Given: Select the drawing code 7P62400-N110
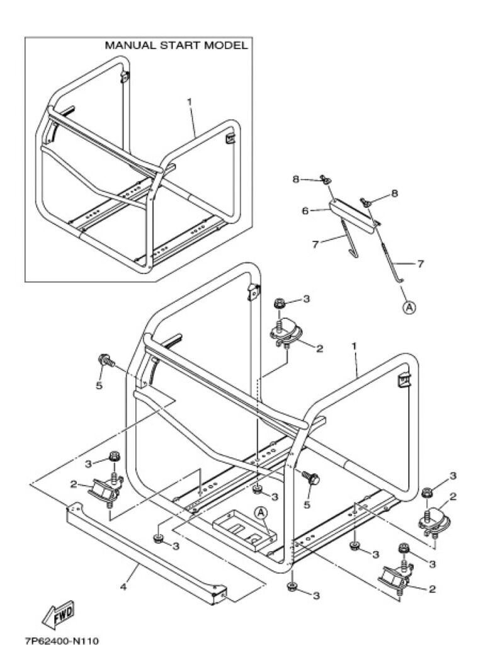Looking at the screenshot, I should pyautogui.click(x=62, y=637).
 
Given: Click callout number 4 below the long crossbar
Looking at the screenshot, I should pyautogui.click(x=124, y=587).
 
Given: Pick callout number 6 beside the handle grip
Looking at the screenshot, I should pyautogui.click(x=305, y=211).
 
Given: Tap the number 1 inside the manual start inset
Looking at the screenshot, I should pyautogui.click(x=190, y=101).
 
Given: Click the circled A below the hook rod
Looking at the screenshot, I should pyautogui.click(x=409, y=307).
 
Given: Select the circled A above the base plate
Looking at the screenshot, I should pyautogui.click(x=261, y=513).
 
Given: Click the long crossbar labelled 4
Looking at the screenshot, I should pyautogui.click(x=145, y=548).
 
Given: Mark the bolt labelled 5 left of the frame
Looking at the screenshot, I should pyautogui.click(x=105, y=362).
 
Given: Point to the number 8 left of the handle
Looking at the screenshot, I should pyautogui.click(x=295, y=180).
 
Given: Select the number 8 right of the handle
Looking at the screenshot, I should pyautogui.click(x=394, y=193).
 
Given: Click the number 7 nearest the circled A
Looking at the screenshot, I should pyautogui.click(x=419, y=263).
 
